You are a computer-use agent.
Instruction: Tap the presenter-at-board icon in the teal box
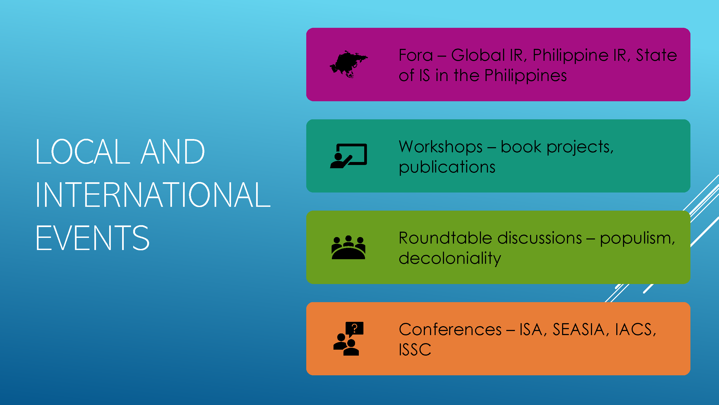tap(349, 156)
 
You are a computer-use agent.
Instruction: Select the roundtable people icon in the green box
tap(348, 247)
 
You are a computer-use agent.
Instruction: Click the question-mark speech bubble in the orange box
tap(355, 328)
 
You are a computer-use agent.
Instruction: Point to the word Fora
tap(416, 55)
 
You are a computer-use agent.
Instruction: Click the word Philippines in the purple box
tap(525, 76)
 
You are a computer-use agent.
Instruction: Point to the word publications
tap(447, 167)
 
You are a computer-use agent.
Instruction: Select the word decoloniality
tap(450, 258)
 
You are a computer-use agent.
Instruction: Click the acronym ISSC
tap(415, 349)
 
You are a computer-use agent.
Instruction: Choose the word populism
tap(637, 238)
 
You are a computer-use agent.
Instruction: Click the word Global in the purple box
tap(478, 55)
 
